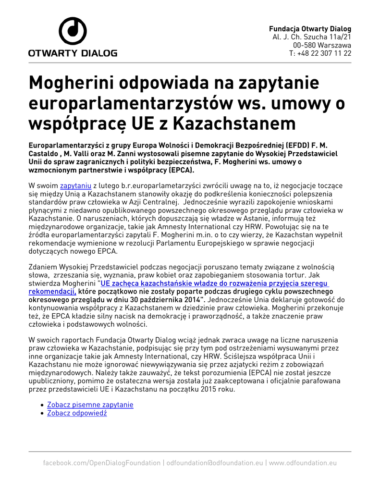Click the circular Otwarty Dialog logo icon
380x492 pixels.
click(x=73, y=31)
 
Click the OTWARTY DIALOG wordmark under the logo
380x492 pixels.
click(x=73, y=53)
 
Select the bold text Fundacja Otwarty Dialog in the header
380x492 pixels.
click(x=310, y=29)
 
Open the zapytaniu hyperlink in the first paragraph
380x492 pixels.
click(x=75, y=185)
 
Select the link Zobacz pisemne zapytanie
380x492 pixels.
click(x=90, y=405)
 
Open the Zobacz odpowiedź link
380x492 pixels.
click(x=77, y=413)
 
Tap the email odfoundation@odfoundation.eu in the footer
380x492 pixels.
click(x=215, y=463)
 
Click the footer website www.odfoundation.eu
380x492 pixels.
click(x=303, y=463)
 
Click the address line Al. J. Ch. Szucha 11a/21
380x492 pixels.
click(x=312, y=37)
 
